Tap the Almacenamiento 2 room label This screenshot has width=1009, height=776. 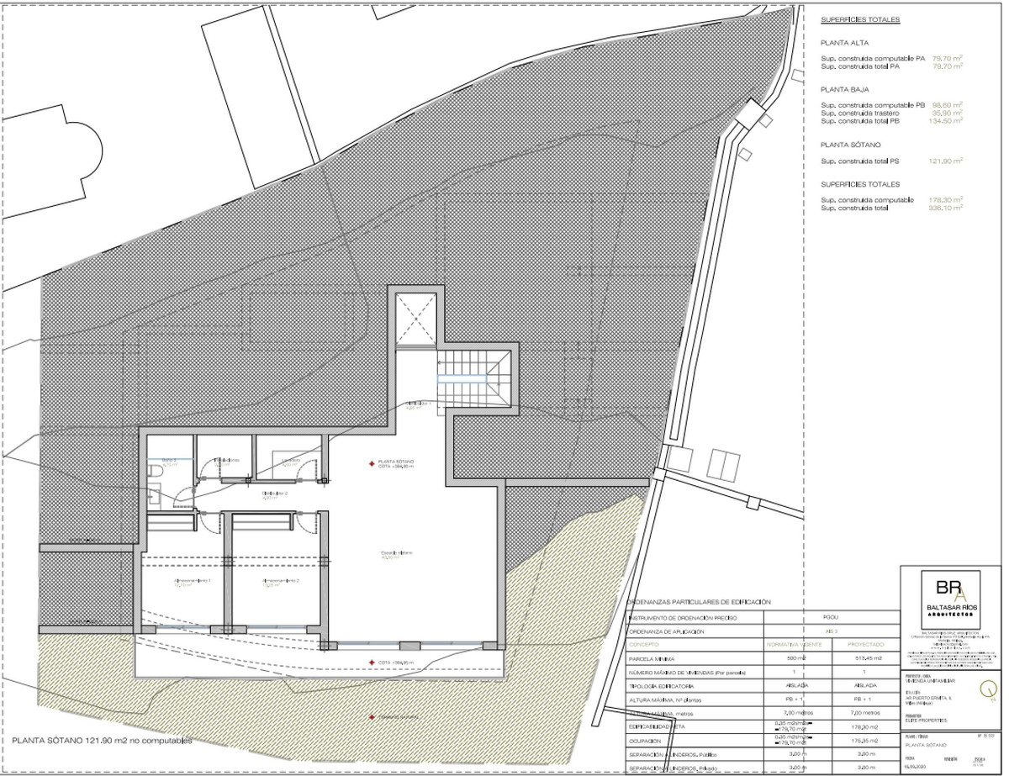[280, 582]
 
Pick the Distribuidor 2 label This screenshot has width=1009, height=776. [275, 494]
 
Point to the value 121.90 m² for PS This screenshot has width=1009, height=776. [946, 161]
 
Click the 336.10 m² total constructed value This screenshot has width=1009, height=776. [946, 208]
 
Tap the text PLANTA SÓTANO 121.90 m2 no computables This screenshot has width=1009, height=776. [102, 742]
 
